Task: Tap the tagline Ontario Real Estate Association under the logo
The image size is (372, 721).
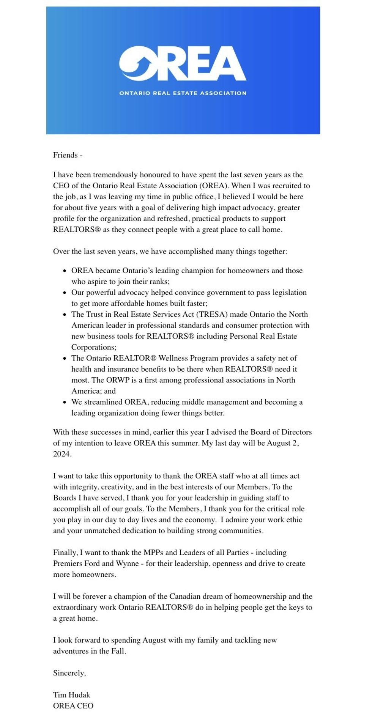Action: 183,93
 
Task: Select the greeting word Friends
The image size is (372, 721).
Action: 65,155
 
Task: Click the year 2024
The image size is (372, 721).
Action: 62,454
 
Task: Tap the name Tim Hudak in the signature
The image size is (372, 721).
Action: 72,695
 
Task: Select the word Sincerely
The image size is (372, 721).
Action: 69,673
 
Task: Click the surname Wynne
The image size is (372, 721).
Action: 127,564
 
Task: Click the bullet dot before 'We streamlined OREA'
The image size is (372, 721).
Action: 65,402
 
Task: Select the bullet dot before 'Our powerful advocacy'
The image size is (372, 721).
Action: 65,293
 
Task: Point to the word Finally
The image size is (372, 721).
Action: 65,553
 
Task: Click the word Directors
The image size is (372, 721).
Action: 296,432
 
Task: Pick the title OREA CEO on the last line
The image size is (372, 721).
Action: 73,706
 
